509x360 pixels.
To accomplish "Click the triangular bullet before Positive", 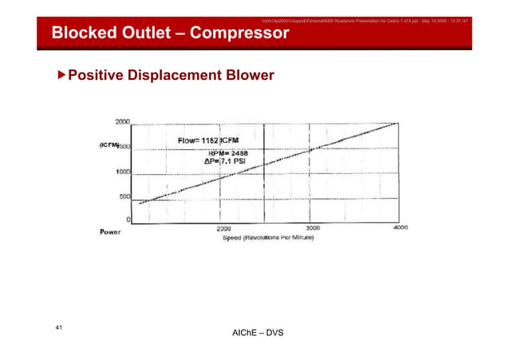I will [61, 76].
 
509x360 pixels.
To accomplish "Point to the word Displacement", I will [164, 76].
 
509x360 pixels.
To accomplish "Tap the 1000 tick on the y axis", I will [123, 172].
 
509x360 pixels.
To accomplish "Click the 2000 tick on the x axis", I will [226, 228].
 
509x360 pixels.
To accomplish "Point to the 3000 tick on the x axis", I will [313, 227].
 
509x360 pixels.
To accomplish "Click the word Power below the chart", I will [110, 231].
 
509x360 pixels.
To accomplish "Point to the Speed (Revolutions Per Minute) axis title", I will [267, 238].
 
